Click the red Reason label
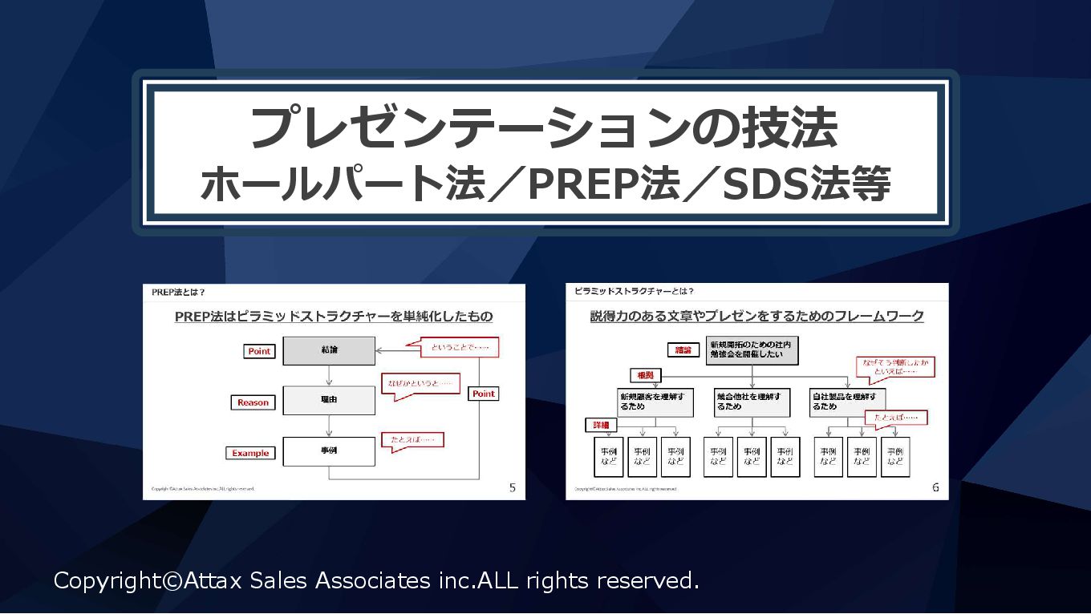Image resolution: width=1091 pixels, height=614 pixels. pyautogui.click(x=253, y=402)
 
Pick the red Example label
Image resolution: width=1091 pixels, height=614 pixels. pyautogui.click(x=250, y=453)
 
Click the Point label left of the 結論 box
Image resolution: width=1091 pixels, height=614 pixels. pyautogui.click(x=259, y=351)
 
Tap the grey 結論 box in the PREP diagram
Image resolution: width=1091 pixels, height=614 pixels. pyautogui.click(x=329, y=351)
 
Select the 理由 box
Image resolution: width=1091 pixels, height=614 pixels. pyautogui.click(x=329, y=400)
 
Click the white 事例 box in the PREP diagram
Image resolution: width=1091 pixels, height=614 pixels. pyautogui.click(x=329, y=450)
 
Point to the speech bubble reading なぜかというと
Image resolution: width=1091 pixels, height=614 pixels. pyautogui.click(x=420, y=384)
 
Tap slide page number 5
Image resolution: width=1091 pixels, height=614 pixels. pyautogui.click(x=513, y=487)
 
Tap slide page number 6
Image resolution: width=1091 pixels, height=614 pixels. pyautogui.click(x=935, y=487)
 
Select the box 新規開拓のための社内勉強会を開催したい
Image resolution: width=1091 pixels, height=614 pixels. pyautogui.click(x=752, y=350)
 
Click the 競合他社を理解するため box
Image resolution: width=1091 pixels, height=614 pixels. pyautogui.click(x=752, y=402)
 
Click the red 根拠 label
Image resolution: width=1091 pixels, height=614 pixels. pyautogui.click(x=646, y=374)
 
